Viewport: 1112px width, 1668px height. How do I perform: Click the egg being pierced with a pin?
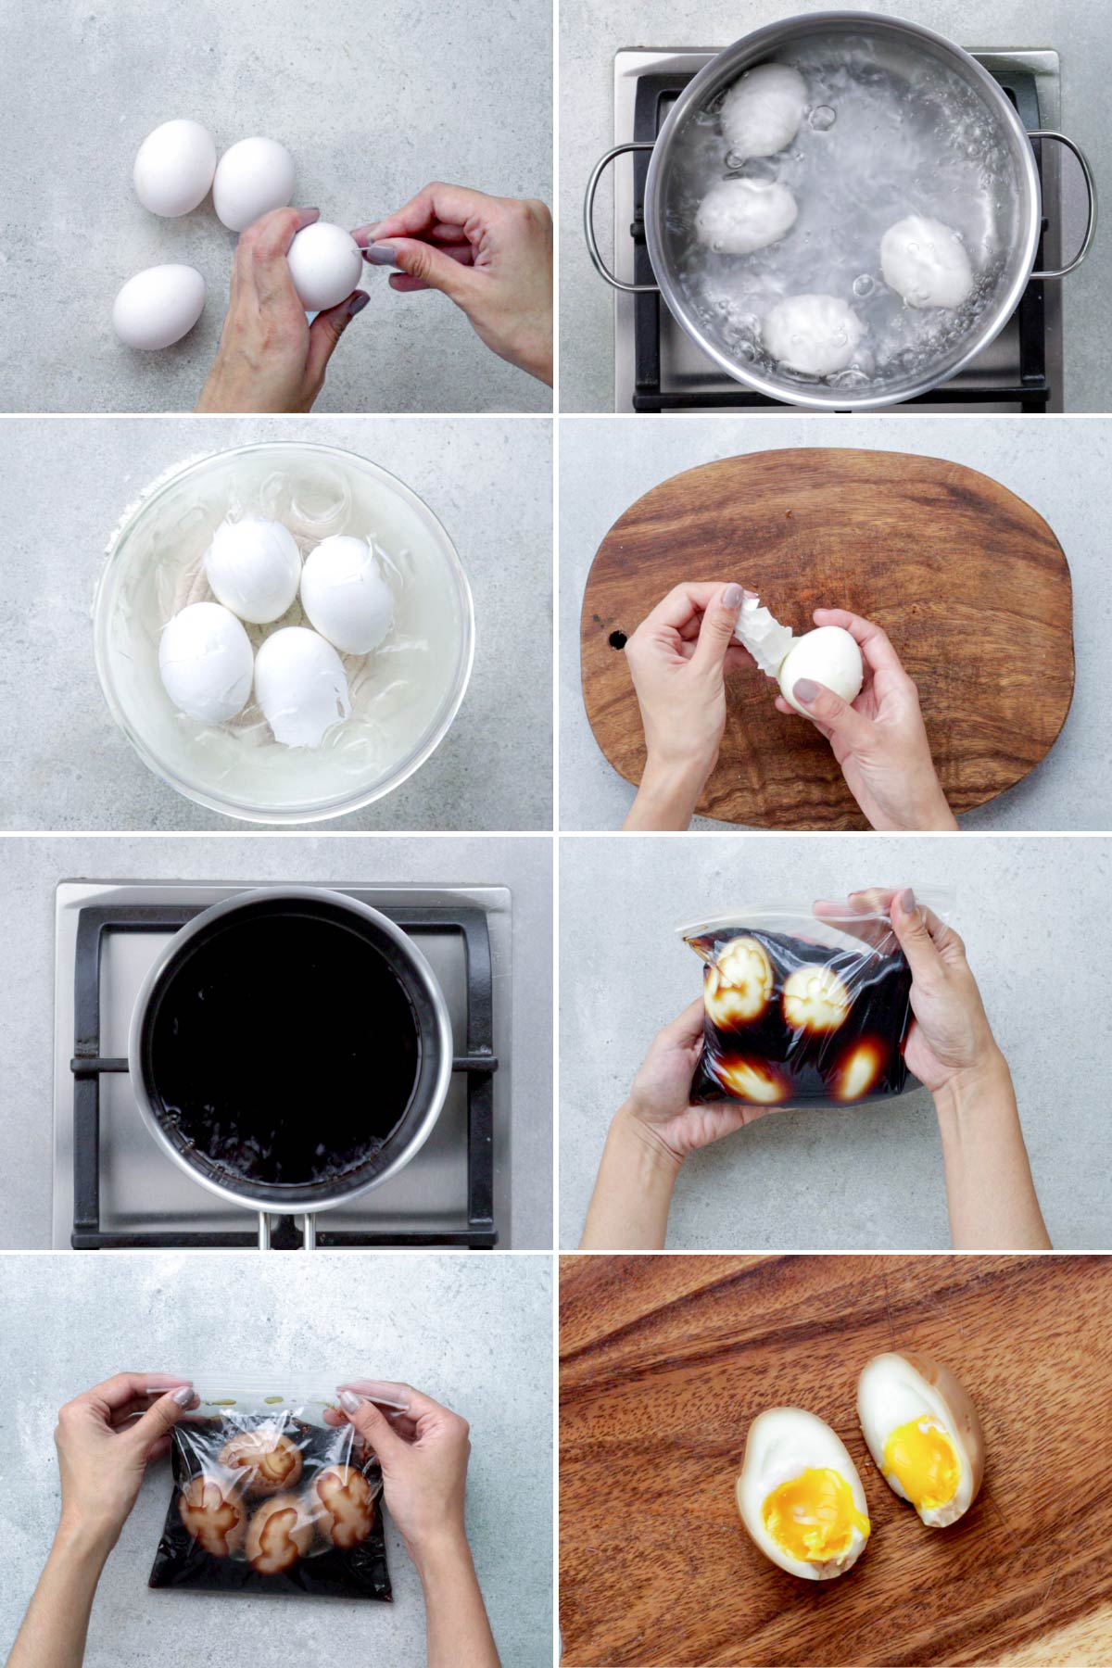324,266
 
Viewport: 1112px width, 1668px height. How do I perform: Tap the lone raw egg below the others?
158,306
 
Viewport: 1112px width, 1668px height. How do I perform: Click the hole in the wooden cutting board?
614,638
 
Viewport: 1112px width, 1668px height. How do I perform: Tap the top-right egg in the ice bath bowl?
347,584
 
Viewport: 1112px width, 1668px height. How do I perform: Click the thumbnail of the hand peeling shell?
732,595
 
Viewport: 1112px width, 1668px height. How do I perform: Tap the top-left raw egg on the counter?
174,171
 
